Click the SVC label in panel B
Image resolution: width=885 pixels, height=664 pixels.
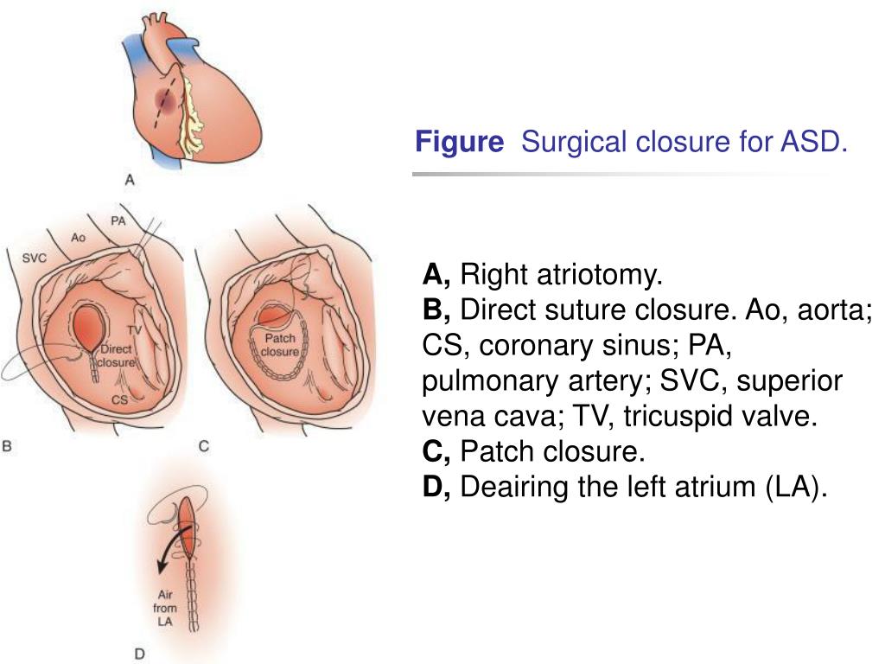tap(35, 258)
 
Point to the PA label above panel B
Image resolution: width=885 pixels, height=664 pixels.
tap(118, 221)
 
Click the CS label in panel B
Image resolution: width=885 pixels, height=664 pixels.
tap(120, 399)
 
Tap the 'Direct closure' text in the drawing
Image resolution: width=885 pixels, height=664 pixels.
tap(115, 356)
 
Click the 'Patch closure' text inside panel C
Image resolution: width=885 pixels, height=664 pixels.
tap(279, 345)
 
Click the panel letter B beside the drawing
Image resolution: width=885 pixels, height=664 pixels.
tap(7, 446)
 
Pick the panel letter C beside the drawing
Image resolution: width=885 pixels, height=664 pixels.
tap(204, 446)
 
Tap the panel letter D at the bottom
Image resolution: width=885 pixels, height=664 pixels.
tap(139, 654)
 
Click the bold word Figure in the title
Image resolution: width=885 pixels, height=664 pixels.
tap(459, 141)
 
